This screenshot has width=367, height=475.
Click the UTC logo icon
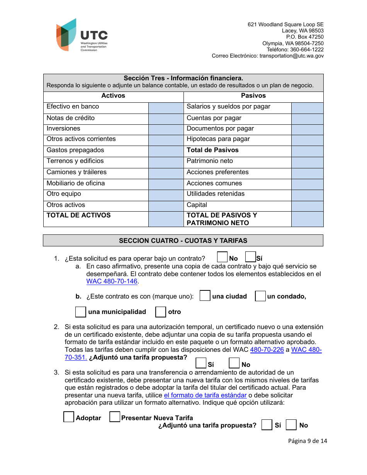[66, 35]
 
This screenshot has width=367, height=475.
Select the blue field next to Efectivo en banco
[166, 108]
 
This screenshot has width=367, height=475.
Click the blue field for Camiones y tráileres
[166, 173]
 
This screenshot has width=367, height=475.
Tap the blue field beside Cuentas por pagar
[307, 119]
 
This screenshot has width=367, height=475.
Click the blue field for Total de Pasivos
[307, 151]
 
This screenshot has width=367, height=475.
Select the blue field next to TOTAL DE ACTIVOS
[166, 219]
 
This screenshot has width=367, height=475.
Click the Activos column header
[113, 96]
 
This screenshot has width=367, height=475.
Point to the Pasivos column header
[253, 96]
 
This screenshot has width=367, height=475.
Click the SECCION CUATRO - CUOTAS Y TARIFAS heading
[183, 241]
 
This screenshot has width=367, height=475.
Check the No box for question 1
[222, 257]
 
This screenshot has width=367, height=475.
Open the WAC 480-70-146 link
[112, 282]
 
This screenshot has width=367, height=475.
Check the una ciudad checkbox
[205, 296]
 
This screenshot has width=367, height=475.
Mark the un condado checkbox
[260, 296]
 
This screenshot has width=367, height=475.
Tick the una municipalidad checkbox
[80, 312]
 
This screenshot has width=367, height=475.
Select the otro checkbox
[160, 312]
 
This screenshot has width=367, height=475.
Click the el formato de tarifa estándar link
[205, 395]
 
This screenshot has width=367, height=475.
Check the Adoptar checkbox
[69, 417]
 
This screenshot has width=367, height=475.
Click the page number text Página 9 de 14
[308, 441]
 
